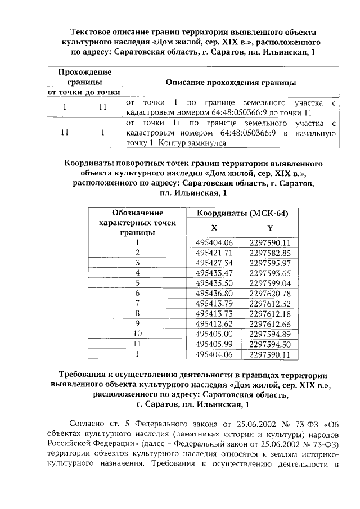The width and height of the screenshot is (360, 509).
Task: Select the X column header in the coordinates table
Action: click(x=214, y=228)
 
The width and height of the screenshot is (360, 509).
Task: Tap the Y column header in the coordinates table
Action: click(x=269, y=228)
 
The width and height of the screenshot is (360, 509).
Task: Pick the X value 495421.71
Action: click(x=214, y=253)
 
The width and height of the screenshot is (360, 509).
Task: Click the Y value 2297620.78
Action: click(x=269, y=293)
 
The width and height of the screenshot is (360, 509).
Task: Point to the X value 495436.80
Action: click(x=214, y=293)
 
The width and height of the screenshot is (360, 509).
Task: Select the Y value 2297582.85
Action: click(x=269, y=253)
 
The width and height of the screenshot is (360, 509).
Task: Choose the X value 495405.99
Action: click(x=214, y=344)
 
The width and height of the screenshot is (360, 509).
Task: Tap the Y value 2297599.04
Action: click(x=269, y=283)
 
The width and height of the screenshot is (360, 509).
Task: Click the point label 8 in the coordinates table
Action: click(x=137, y=313)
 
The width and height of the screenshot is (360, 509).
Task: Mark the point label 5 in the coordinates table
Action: click(x=137, y=283)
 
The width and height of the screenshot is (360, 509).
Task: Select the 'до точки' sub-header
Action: click(x=102, y=92)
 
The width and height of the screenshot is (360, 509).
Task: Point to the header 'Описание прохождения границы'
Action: click(x=231, y=82)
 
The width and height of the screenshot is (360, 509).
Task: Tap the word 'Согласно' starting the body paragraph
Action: click(x=85, y=424)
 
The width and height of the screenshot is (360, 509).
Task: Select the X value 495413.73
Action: click(x=214, y=313)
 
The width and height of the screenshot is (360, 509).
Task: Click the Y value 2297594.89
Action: click(x=269, y=334)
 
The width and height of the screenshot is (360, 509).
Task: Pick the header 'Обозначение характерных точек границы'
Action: click(x=137, y=222)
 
